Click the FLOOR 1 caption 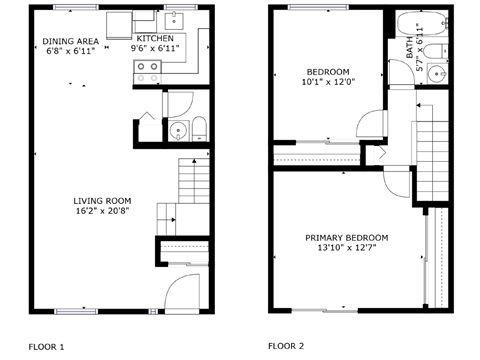point(46,346)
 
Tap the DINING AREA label point(70,42)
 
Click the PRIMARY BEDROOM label point(347,237)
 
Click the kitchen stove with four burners point(148,71)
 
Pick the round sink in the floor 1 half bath point(176,129)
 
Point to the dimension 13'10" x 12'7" point(347,248)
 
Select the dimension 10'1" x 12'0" point(328,82)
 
